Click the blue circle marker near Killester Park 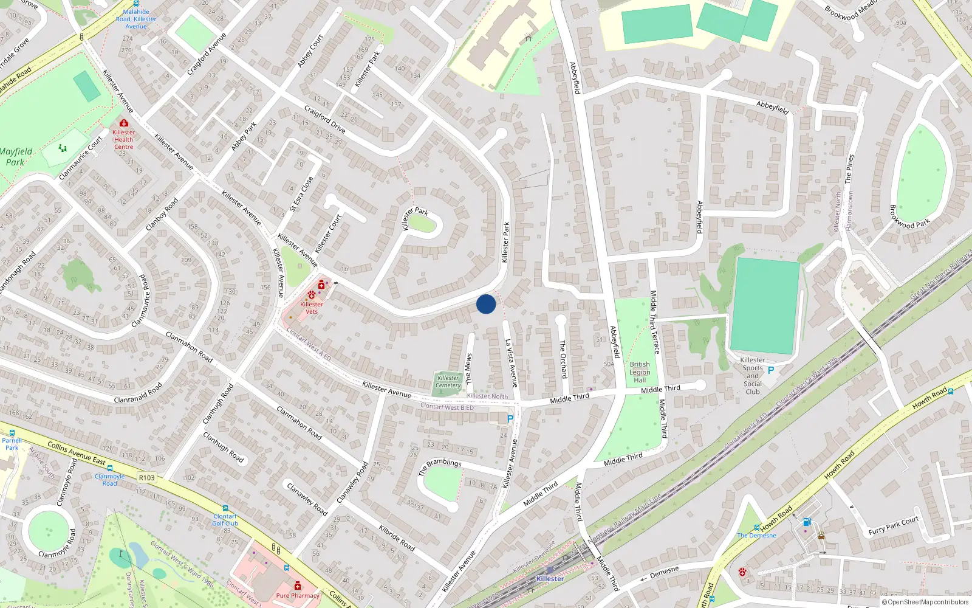(486, 304)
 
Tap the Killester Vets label (312, 308)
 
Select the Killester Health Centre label (124, 139)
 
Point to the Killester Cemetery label (448, 381)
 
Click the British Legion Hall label (640, 372)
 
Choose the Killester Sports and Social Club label (753, 376)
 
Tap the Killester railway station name (550, 579)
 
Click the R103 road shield (147, 477)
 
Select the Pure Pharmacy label (298, 595)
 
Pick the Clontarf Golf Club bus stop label (225, 520)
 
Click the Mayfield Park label (16, 157)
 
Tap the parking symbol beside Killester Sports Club (771, 370)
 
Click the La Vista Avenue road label (512, 363)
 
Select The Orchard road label (563, 359)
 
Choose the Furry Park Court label (894, 526)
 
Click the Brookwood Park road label (909, 216)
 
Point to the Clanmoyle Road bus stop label (110, 480)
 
